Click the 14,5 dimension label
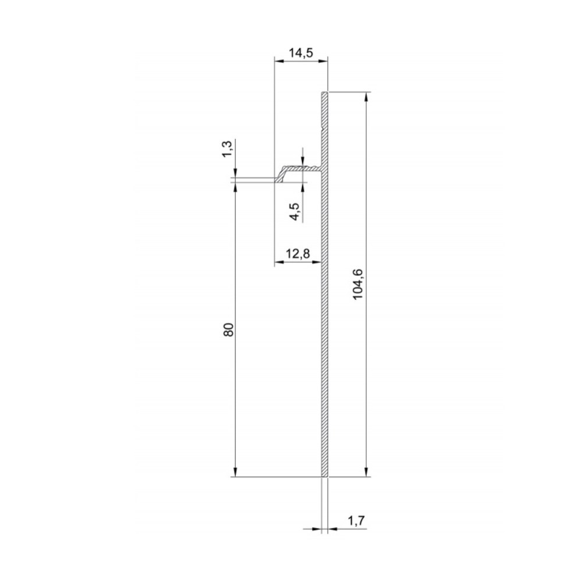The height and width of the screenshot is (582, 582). pos(301,53)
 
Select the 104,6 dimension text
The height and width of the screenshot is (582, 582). pos(358,284)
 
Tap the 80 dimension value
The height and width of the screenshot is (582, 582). pos(229,330)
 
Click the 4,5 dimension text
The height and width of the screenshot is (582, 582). pos(296,212)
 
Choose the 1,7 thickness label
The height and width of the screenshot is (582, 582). pos(357,521)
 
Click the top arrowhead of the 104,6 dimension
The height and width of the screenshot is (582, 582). pos(366,96)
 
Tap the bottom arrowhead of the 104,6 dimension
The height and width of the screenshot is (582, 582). pos(366,472)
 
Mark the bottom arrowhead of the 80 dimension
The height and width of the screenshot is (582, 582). pos(236,472)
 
